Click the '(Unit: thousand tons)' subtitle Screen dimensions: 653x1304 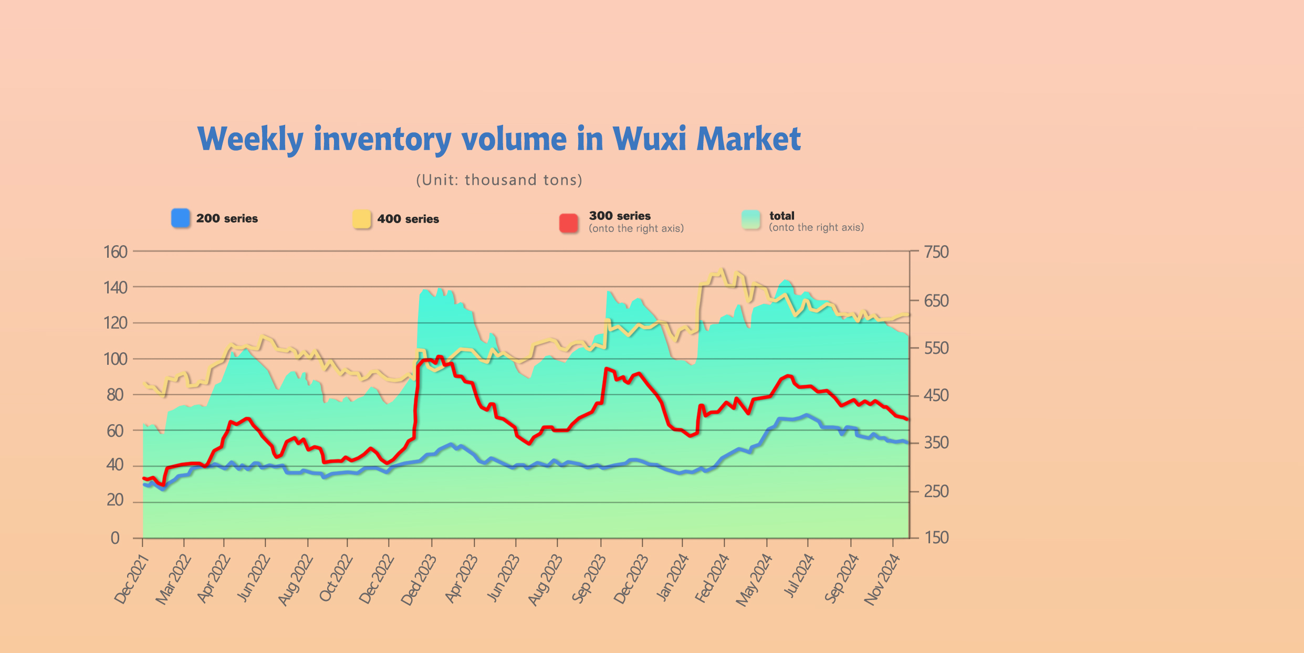pos(499,180)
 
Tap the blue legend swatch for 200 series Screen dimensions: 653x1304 pos(181,218)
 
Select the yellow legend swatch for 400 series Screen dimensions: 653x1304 pos(362,219)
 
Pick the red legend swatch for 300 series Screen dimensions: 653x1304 pos(569,223)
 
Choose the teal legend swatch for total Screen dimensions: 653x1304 pos(751,220)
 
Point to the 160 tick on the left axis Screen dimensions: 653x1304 pos(116,252)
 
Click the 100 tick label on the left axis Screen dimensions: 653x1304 pos(116,359)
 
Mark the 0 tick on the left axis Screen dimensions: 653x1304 pos(115,538)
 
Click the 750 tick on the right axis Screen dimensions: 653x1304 pos(936,252)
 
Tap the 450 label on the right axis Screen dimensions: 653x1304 pos(936,395)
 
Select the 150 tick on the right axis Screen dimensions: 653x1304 pos(936,538)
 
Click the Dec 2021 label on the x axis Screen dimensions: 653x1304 pos(132,580)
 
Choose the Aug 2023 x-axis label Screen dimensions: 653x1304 pos(545,580)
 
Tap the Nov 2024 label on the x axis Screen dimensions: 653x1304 pos(882,580)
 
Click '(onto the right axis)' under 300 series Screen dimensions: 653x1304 pos(636,228)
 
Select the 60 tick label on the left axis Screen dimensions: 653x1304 pos(115,431)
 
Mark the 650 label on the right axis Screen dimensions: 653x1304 pos(936,301)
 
